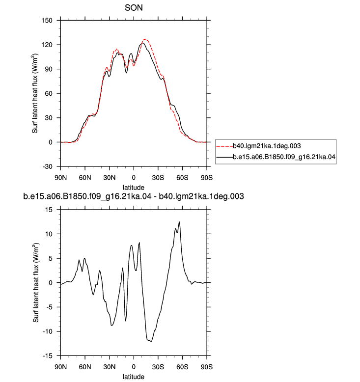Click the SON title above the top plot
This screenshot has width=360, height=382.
click(134, 8)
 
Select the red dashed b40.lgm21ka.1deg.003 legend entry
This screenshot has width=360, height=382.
click(259, 146)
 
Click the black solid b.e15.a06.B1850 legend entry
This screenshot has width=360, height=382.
click(276, 157)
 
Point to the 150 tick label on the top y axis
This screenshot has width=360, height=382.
click(47, 21)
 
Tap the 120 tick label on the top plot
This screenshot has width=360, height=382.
click(47, 45)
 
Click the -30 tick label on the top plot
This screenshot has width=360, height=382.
click(48, 166)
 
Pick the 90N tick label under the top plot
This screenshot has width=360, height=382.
click(61, 178)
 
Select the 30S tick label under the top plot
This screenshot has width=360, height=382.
click(158, 178)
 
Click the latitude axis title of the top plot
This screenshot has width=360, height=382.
click(133, 188)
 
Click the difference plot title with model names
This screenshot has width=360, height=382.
click(134, 196)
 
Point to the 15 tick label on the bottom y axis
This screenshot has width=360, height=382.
click(49, 210)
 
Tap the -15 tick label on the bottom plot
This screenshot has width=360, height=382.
click(48, 356)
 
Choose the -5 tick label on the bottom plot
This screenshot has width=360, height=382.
click(49, 307)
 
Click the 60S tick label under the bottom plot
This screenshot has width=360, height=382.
click(182, 367)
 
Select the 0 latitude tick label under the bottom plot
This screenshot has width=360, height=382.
click(134, 367)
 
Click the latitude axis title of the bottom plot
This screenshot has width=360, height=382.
click(133, 377)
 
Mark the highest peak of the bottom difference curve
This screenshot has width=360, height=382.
click(179, 222)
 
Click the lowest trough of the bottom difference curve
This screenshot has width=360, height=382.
click(151, 341)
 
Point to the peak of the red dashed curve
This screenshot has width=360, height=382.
click(145, 39)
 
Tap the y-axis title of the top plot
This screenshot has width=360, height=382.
click(35, 93)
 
